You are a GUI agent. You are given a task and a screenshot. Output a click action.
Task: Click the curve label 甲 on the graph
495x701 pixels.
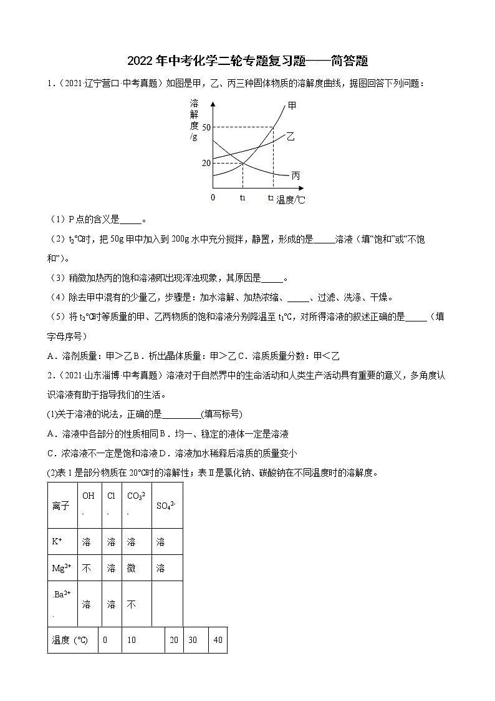pos(292,105)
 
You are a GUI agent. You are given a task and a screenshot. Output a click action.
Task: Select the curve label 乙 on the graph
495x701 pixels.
pos(291,136)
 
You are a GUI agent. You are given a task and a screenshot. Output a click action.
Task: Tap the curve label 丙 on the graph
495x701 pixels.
pos(296,175)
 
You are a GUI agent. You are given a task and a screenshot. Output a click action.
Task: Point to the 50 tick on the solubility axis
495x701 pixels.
pos(206,127)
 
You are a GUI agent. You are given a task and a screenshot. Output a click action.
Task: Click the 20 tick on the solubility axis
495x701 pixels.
pos(206,163)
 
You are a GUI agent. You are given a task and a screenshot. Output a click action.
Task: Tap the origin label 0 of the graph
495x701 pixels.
pos(213,197)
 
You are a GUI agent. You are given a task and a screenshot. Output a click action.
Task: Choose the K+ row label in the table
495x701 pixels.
pos(57,542)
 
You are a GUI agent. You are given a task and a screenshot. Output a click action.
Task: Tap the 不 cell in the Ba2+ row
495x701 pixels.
pos(132,604)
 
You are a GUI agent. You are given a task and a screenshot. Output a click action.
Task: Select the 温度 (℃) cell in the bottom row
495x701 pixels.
pos(70,640)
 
